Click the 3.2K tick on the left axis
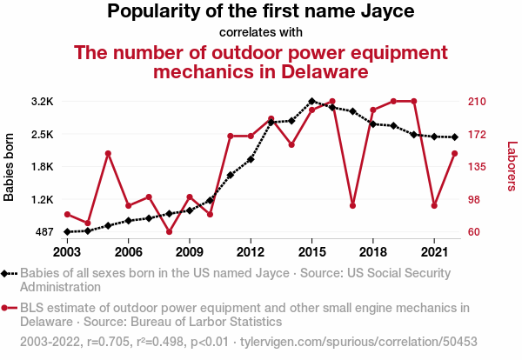tap(42, 102)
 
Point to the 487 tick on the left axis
tap(43, 232)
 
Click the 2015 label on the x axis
tap(311, 252)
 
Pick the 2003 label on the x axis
tap(67, 252)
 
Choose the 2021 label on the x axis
tap(433, 252)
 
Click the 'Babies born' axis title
tap(10, 167)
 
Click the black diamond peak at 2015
tap(311, 101)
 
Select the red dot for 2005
tap(108, 154)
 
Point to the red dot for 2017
tap(352, 206)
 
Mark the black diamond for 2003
tap(67, 232)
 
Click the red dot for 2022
tap(454, 154)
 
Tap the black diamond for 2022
tap(454, 137)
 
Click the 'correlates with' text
tap(261, 33)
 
